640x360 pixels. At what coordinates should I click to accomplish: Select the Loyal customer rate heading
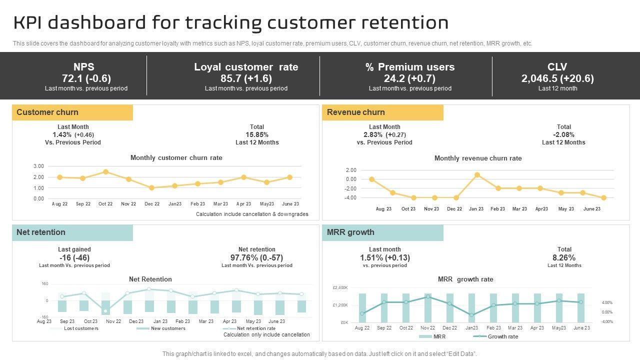tap(246, 67)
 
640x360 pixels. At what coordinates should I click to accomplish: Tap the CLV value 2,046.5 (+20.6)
tap(557, 78)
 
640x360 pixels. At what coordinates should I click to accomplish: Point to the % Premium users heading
tap(410, 67)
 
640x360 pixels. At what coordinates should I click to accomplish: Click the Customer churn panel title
tap(47, 112)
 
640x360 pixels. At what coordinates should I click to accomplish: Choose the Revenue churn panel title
tap(356, 112)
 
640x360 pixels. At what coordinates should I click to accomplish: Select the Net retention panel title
tap(41, 232)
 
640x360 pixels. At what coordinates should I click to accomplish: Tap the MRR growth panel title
tap(350, 232)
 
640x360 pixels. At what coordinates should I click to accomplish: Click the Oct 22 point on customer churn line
tap(105, 172)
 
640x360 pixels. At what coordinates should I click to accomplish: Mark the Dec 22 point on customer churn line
tap(151, 188)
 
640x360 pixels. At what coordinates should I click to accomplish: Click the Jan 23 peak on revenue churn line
tap(477, 175)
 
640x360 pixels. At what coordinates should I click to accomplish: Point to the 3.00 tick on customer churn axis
tap(38, 166)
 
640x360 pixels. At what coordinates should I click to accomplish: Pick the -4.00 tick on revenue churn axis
tap(350, 198)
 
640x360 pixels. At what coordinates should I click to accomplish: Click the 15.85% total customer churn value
tap(257, 135)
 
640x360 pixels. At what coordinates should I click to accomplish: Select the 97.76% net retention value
tap(256, 257)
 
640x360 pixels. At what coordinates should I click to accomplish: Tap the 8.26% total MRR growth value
tap(564, 257)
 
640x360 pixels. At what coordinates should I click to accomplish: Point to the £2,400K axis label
tap(340, 288)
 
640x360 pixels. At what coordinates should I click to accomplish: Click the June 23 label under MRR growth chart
tap(581, 328)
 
